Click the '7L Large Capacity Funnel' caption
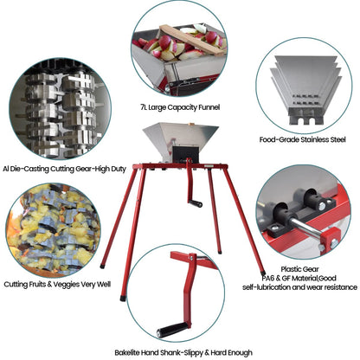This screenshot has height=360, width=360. pos(180,107)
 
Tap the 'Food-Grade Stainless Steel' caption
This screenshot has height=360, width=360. pos(302,140)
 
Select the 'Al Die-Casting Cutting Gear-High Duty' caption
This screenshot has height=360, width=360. pos(64,169)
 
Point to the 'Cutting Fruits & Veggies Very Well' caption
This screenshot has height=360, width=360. pos(57,285)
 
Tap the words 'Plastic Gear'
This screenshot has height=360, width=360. pos(300,269)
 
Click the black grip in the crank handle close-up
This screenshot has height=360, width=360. pos(172,330)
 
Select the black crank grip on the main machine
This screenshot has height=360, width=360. pos(196,203)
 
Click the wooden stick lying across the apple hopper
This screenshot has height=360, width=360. pos(192,39)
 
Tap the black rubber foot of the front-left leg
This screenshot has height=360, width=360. pos(123,298)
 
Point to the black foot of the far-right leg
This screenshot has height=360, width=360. pos(263,273)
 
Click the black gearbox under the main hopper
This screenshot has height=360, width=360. pos(185,154)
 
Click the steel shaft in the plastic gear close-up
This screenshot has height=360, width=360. pos(305,228)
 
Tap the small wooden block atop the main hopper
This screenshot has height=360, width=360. pos(190,125)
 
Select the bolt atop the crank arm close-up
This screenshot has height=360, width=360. pos(190,258)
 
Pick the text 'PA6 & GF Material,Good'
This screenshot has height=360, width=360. pos(299,279)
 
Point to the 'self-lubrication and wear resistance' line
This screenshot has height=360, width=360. pos(299,287)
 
